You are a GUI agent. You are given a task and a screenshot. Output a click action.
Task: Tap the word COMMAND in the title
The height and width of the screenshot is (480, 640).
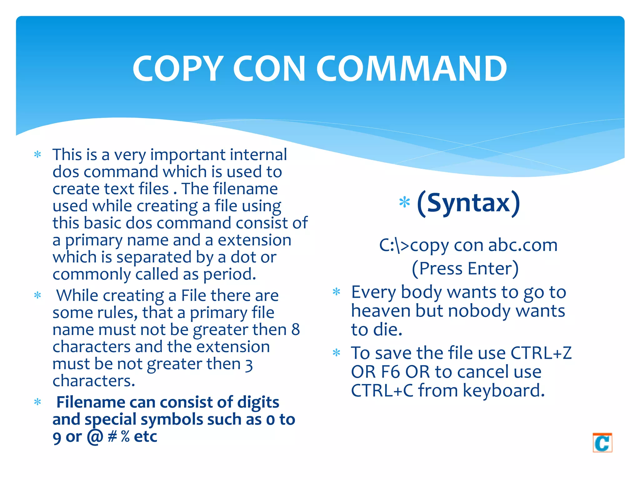pyautogui.click(x=412, y=68)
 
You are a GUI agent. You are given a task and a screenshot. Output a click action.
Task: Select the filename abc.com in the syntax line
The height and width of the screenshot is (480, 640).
pyautogui.click(x=523, y=245)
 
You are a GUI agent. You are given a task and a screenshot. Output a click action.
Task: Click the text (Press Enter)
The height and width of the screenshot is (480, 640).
pyautogui.click(x=465, y=268)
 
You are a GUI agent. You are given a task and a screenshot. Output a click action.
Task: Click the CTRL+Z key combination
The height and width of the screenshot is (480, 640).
pyautogui.click(x=541, y=353)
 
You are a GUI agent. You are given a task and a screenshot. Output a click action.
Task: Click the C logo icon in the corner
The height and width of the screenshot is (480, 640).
pyautogui.click(x=602, y=442)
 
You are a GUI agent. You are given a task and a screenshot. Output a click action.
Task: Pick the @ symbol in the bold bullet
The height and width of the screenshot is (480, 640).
pyautogui.click(x=95, y=436)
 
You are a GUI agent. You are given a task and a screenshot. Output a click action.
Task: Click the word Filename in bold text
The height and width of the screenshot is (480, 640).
pyautogui.click(x=91, y=402)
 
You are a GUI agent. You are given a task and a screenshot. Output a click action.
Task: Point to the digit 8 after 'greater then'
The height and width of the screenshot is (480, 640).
pyautogui.click(x=295, y=330)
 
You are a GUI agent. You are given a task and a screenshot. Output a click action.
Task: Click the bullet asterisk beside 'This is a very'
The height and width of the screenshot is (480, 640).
pyautogui.click(x=37, y=155)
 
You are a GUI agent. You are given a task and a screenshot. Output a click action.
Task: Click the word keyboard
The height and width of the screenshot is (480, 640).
pyautogui.click(x=503, y=391)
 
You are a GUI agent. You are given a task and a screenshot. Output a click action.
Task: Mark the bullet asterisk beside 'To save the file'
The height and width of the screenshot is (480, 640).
pyautogui.click(x=336, y=353)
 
